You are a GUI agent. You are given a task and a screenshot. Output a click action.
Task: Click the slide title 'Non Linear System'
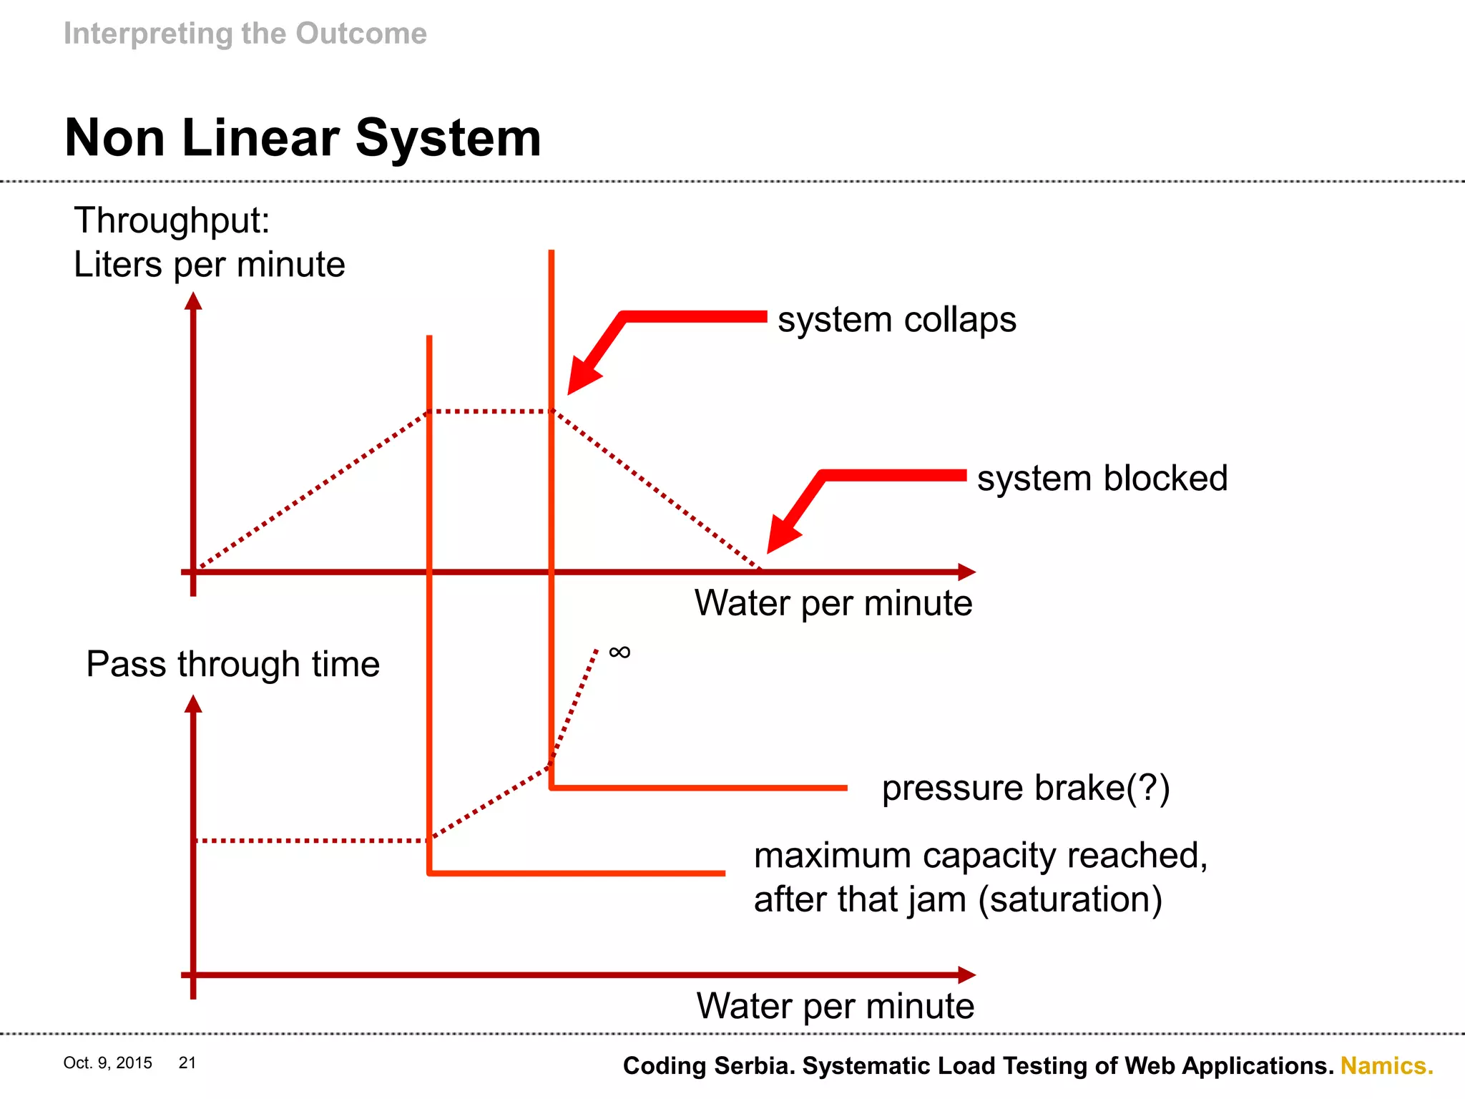[x=303, y=138]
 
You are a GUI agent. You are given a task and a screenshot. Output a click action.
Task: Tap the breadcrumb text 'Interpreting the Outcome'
[x=245, y=34]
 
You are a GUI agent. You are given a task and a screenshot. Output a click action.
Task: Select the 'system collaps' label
[x=896, y=320]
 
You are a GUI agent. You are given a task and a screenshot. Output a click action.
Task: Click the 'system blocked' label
[x=1102, y=478]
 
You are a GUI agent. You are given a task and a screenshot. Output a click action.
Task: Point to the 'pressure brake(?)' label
[x=1025, y=788]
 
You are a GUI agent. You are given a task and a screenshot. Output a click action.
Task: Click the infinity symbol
[x=619, y=652]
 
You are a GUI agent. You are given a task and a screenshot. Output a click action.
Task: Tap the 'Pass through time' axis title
[x=232, y=664]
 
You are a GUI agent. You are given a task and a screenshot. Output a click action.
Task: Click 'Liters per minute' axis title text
[x=209, y=265]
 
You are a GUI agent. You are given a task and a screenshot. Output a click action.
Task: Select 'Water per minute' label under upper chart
[x=833, y=603]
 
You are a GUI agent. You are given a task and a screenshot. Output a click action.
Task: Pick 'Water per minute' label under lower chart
[x=835, y=1006]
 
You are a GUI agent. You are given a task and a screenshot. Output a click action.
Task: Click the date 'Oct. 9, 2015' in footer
[x=107, y=1063]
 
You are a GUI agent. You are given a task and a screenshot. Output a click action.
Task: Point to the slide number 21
[x=187, y=1063]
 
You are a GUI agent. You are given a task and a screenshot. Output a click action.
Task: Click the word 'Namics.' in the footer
[x=1386, y=1066]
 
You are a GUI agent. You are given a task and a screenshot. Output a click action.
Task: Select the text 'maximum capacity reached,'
[x=980, y=855]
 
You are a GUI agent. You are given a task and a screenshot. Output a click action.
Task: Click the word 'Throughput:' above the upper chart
[x=172, y=220]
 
